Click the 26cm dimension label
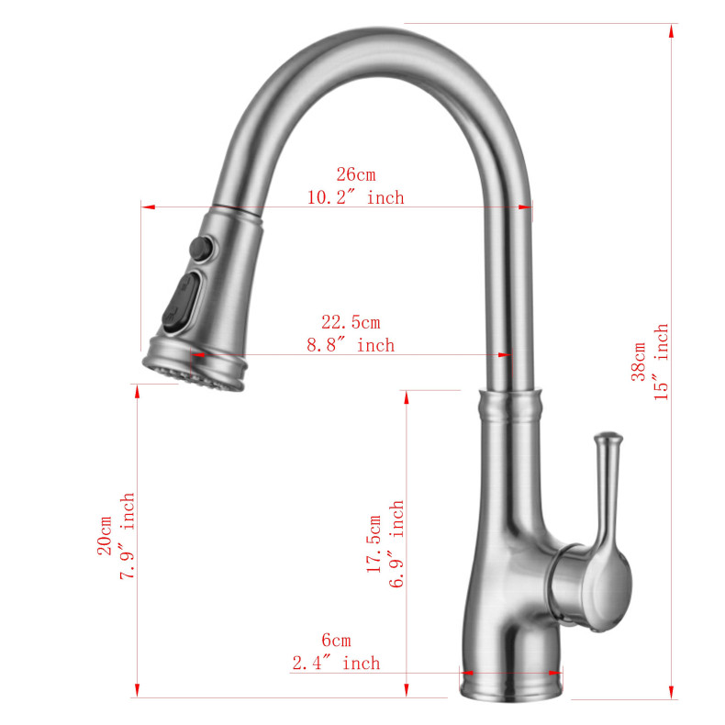pyautogui.click(x=355, y=174)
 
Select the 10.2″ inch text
pyautogui.click(x=355, y=197)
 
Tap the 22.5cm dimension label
pyautogui.click(x=350, y=322)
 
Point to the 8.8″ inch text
pyautogui.click(x=350, y=345)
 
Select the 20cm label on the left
pyautogui.click(x=104, y=535)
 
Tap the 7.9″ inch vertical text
pyautogui.click(x=128, y=535)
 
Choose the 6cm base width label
pyautogui.click(x=335, y=641)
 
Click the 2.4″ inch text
pyautogui.click(x=335, y=663)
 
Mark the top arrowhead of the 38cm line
pyautogui.click(x=673, y=30)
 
